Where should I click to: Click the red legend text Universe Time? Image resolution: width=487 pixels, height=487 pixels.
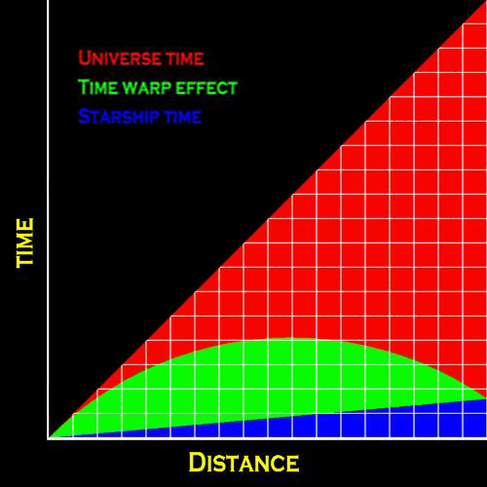click(x=141, y=58)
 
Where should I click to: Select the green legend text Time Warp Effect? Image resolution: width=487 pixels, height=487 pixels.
click(x=158, y=88)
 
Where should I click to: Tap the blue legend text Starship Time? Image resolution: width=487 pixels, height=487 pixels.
click(x=140, y=116)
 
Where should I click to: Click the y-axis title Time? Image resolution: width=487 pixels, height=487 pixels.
click(x=25, y=243)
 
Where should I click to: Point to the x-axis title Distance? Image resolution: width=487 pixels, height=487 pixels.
click(x=243, y=463)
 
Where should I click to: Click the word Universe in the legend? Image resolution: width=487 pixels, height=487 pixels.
click(x=119, y=58)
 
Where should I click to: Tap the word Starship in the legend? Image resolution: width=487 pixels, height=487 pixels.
click(x=119, y=116)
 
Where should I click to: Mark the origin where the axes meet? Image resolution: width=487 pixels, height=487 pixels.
click(x=48, y=438)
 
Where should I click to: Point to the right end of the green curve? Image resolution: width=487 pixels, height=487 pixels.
click(x=486, y=398)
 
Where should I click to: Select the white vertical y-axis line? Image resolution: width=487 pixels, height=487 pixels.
click(x=48, y=219)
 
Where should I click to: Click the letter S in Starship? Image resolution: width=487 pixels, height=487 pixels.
click(x=84, y=116)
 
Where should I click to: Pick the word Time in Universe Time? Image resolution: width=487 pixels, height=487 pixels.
click(x=184, y=59)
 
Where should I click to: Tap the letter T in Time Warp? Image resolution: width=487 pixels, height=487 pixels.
click(x=84, y=88)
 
